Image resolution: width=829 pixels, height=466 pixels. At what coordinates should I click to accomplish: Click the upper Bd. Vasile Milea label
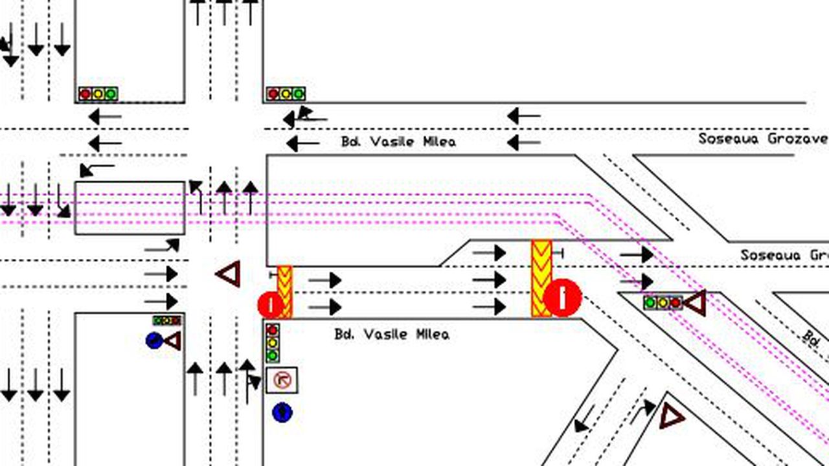[x=398, y=142]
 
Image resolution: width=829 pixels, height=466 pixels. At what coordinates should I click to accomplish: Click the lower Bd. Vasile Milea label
[x=391, y=335]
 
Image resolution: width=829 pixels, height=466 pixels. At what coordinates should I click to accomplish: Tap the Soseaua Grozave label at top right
[x=763, y=139]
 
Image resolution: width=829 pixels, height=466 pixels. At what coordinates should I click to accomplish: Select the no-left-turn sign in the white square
[x=282, y=381]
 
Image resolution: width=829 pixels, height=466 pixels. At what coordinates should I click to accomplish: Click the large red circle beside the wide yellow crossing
[x=562, y=298]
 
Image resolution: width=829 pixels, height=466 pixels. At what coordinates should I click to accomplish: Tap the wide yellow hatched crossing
[x=541, y=278]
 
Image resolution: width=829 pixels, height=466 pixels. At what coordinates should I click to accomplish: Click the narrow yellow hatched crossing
[x=285, y=291]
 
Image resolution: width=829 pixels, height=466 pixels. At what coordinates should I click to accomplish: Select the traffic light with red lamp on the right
[x=663, y=302]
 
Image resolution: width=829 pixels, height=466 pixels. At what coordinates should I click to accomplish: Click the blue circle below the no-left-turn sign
[x=282, y=412]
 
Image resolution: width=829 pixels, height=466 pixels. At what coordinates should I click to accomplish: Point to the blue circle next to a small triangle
[x=154, y=340]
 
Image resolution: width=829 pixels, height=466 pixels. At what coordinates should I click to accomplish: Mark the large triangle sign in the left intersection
[x=229, y=274]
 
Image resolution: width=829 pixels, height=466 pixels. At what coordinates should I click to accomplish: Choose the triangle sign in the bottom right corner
[x=672, y=416]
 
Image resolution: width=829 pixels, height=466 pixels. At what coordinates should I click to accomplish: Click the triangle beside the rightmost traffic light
[x=696, y=303]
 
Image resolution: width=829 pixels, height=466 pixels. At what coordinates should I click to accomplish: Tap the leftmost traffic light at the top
[x=98, y=94]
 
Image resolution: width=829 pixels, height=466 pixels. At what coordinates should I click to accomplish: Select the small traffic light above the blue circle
[x=167, y=320]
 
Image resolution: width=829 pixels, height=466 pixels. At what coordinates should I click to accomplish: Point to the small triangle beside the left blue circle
[x=173, y=340]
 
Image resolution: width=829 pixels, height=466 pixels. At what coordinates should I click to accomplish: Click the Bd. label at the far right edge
[x=812, y=337]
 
